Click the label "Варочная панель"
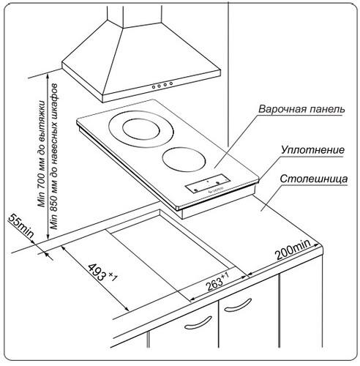pyautogui.click(x=301, y=109)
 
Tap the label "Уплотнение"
pyautogui.click(x=312, y=150)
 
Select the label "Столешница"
pyautogui.click(x=314, y=179)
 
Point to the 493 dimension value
pyautogui.click(x=97, y=272)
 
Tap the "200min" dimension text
pyautogui.click(x=293, y=250)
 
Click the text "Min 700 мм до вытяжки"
pyautogui.click(x=42, y=154)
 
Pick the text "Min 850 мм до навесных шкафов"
pyautogui.click(x=54, y=157)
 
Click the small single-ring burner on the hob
pyautogui.click(x=184, y=159)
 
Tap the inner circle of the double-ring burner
pyautogui.click(x=141, y=129)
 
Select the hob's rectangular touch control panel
pyautogui.click(x=208, y=184)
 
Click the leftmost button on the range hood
pyautogui.click(x=154, y=87)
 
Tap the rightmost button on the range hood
pyautogui.click(x=171, y=83)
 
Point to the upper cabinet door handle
pyautogui.click(x=238, y=305)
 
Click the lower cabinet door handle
pyautogui.click(x=198, y=323)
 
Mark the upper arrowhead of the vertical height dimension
pyautogui.click(x=48, y=75)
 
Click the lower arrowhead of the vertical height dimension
pyautogui.click(x=48, y=236)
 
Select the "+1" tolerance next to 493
pyautogui.click(x=113, y=277)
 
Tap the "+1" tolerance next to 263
pyautogui.click(x=225, y=276)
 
